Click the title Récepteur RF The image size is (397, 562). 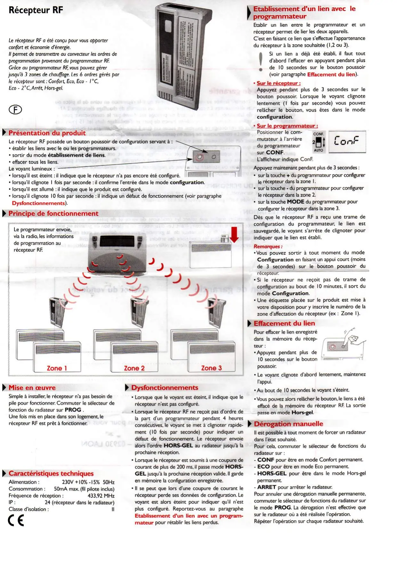(x=36, y=10)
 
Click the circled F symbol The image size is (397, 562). (x=15, y=110)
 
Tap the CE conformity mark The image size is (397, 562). (x=16, y=520)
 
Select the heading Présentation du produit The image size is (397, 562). (x=47, y=133)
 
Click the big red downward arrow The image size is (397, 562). (x=234, y=235)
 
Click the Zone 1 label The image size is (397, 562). (x=57, y=368)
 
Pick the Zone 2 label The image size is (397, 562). (x=134, y=368)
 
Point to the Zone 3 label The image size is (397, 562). (x=211, y=368)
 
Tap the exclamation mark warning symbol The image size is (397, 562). (x=261, y=61)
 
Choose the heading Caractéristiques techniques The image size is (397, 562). (x=51, y=473)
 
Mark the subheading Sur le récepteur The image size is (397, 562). (x=279, y=83)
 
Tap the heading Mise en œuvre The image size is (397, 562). (x=32, y=387)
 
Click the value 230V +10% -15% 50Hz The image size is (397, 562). (x=88, y=482)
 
